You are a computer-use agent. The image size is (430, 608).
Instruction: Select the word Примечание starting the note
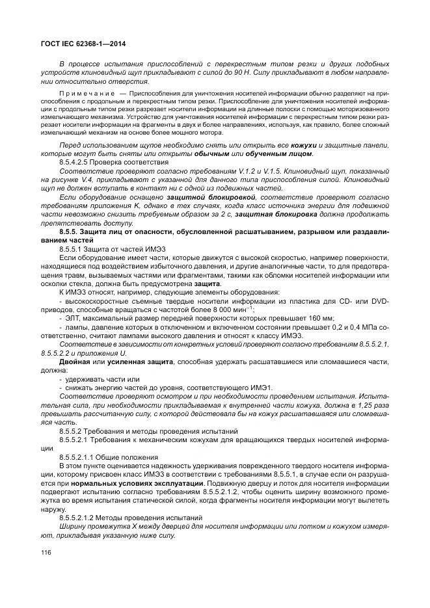click(81, 94)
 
